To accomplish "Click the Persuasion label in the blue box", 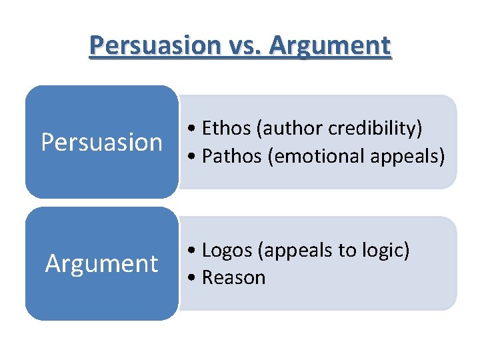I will click(101, 142).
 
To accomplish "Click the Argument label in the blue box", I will click(101, 264).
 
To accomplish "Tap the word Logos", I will click(227, 250).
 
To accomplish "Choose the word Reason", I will click(233, 278).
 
